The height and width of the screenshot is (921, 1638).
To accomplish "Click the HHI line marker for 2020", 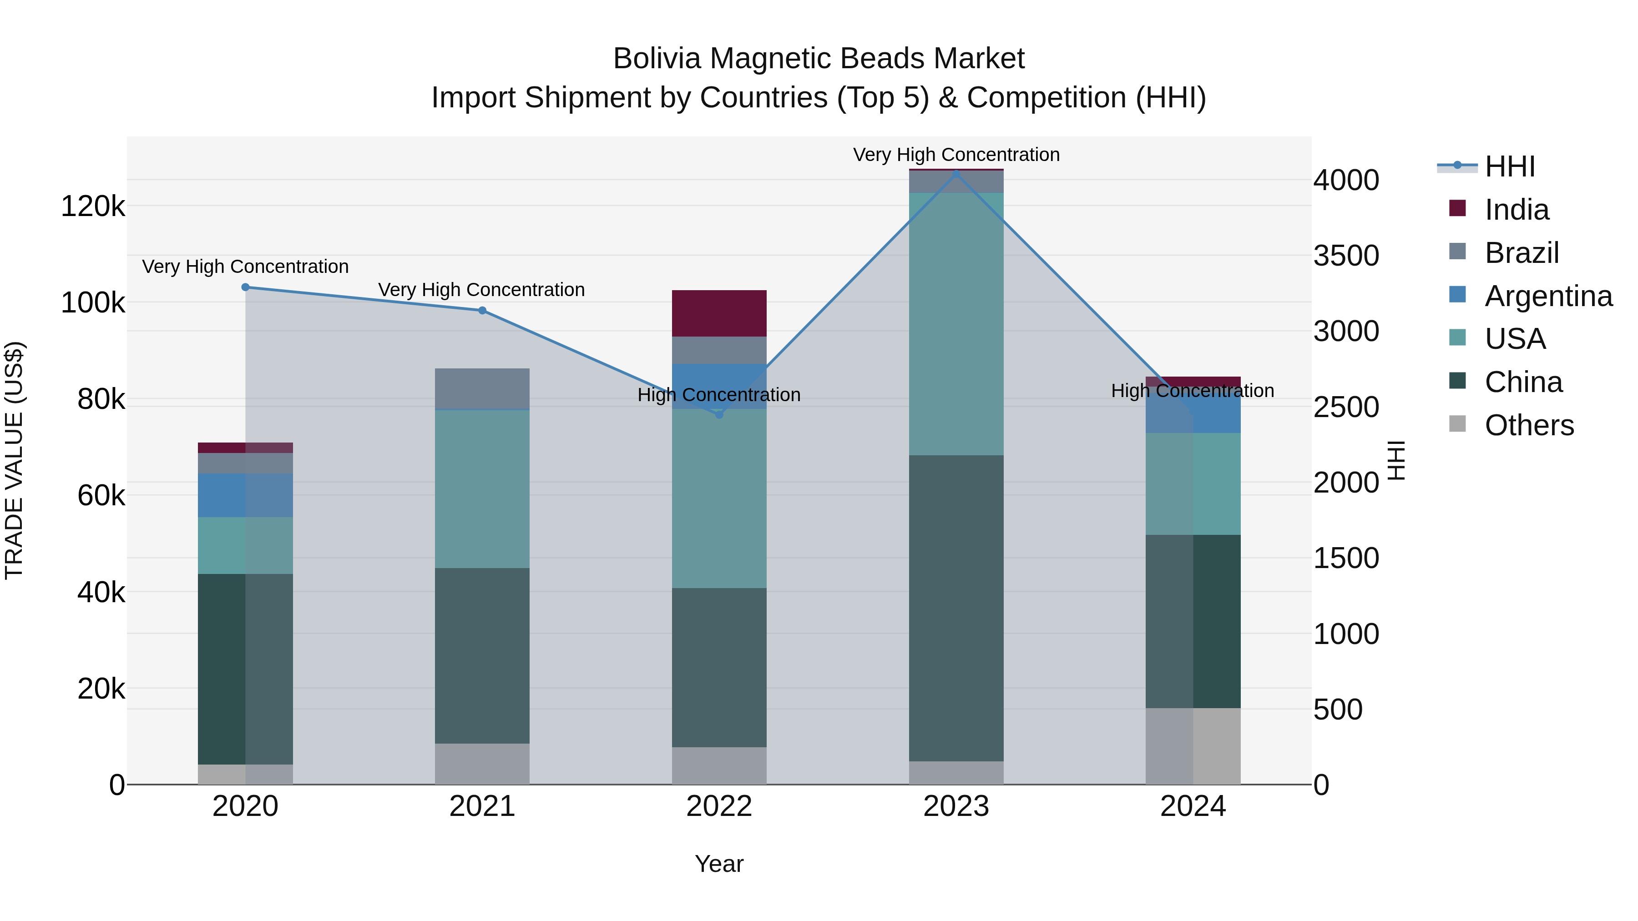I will point(245,287).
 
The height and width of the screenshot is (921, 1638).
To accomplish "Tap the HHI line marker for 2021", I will point(482,311).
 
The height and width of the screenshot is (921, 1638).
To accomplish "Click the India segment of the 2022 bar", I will point(719,313).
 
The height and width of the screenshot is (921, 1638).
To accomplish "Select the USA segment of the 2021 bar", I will point(482,489).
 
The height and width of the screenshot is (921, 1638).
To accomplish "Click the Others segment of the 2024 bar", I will point(1193,746).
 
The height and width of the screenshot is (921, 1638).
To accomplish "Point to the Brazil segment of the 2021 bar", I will point(482,388).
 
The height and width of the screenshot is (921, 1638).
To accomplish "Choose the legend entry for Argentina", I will point(1548,296).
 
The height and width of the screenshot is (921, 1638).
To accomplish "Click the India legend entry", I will point(1517,210).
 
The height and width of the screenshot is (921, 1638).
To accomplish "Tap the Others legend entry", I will point(1529,425).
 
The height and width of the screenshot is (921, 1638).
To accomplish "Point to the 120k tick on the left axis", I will point(93,206).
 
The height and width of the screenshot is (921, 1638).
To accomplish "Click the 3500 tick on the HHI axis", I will point(1346,256).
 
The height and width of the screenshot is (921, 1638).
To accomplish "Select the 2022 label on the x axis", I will point(719,806).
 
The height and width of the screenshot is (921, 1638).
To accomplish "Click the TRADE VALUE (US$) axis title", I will point(14,460).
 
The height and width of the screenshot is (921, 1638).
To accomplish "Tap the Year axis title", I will point(719,864).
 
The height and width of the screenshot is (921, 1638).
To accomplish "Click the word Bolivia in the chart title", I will point(657,59).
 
